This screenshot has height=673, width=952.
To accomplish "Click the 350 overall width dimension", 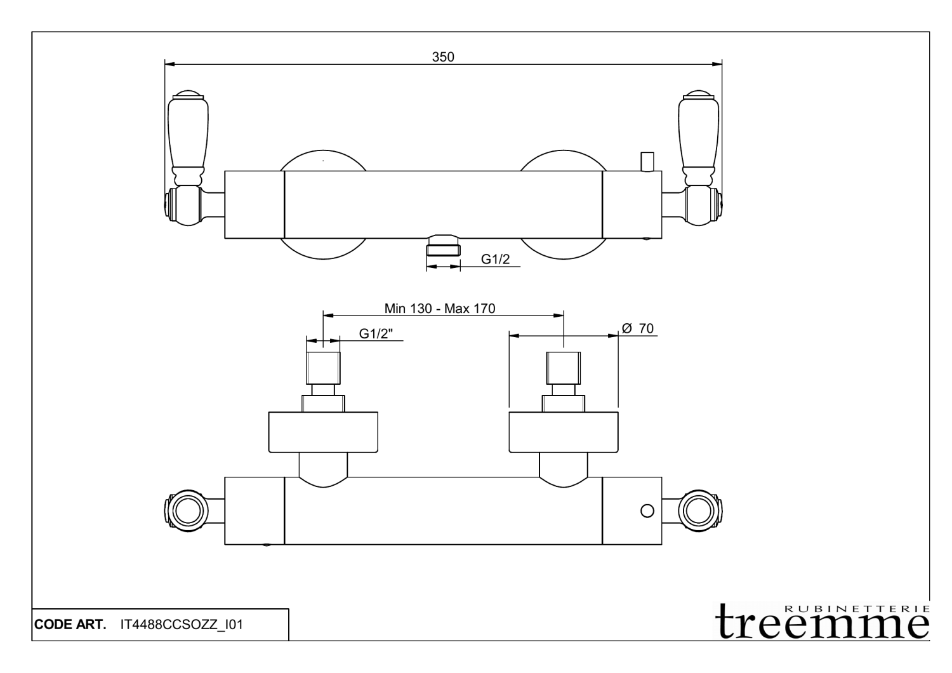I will click(x=443, y=57).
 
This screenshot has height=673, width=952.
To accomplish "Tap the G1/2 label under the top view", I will click(x=495, y=259).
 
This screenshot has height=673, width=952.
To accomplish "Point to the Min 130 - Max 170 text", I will click(x=440, y=309).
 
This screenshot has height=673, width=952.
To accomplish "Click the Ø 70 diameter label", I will click(x=638, y=328).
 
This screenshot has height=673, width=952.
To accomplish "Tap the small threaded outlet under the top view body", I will click(x=443, y=245).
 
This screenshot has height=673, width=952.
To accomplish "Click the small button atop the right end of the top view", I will click(x=647, y=161).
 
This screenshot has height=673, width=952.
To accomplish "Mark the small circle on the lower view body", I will click(x=647, y=510).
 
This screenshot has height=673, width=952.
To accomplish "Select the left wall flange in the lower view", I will click(x=323, y=432).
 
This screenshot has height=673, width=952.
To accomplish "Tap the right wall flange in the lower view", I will click(x=564, y=432).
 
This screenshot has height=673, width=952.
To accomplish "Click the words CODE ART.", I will click(x=70, y=625).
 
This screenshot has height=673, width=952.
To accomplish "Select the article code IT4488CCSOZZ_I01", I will click(x=182, y=625).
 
